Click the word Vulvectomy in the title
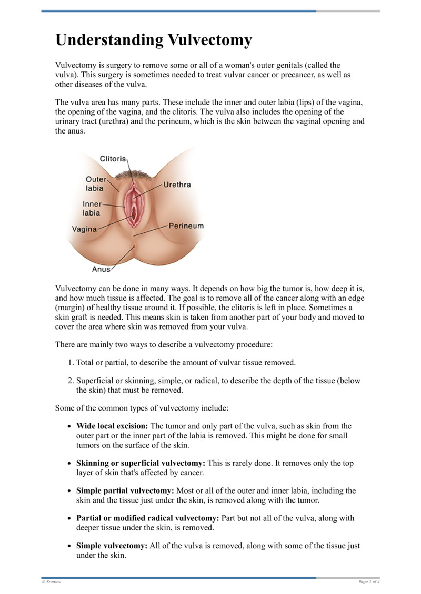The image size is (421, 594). [209, 40]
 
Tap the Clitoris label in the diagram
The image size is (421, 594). [113, 158]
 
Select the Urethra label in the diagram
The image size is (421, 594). [177, 185]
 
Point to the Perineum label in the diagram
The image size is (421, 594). [186, 226]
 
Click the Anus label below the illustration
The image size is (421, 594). [102, 269]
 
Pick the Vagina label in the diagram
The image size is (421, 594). [84, 229]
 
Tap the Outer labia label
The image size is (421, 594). [95, 183]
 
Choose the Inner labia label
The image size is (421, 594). [91, 208]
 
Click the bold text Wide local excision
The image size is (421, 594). [112, 426]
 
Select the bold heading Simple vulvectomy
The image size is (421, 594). [112, 546]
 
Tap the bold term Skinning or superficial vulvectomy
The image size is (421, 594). [141, 463]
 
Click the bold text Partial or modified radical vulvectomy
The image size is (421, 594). [146, 518]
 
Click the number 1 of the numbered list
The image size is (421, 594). [71, 363]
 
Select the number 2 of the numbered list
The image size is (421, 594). [71, 381]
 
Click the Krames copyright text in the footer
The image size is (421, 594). [51, 582]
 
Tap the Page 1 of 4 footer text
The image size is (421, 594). [369, 582]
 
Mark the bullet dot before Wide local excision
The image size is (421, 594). [70, 426]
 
